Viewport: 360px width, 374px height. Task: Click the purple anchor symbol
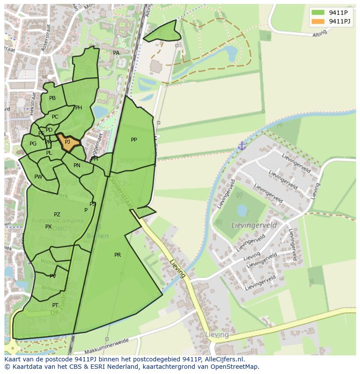242,146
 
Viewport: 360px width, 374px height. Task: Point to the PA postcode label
116,53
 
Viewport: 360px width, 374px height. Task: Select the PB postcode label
53,98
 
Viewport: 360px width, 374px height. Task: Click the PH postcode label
79,108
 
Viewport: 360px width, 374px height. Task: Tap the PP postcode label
134,140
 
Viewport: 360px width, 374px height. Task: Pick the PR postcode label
117,255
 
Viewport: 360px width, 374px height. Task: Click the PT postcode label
55,305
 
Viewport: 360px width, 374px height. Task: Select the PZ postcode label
57,215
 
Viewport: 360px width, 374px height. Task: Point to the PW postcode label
38,177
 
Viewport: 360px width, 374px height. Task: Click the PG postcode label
33,144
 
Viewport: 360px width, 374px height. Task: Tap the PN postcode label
77,165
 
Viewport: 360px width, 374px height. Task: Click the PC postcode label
55,117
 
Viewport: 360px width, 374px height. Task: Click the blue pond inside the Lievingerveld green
242,211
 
